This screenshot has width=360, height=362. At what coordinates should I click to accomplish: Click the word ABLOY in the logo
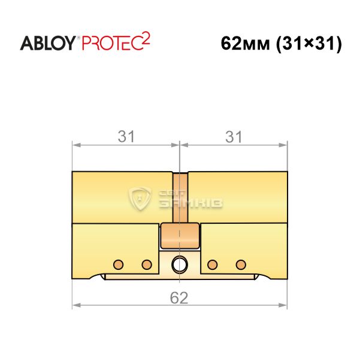tap(47, 43)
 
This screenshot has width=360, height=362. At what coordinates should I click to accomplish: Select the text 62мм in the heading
tap(245, 44)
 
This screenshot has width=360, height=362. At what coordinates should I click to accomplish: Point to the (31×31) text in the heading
tap(309, 44)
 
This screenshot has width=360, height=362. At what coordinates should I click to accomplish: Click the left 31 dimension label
tap(126, 136)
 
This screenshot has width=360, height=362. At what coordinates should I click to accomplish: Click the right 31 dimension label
tap(234, 136)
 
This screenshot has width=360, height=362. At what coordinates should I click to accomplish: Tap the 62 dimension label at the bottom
tap(179, 298)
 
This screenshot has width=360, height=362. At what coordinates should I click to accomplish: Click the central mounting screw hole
tap(179, 264)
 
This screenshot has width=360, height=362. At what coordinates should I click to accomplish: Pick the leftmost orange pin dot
tap(119, 264)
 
